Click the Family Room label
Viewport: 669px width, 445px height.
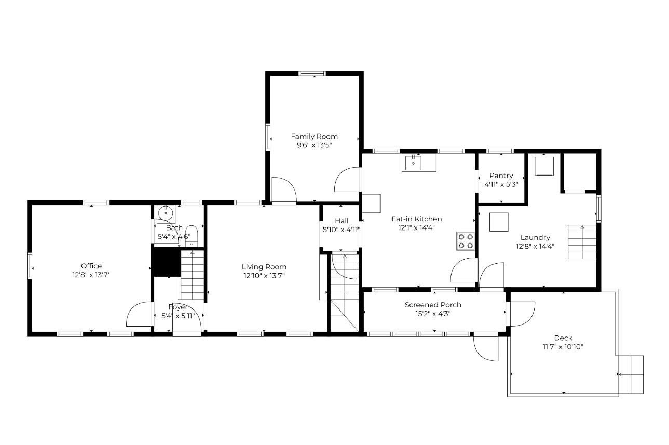[x=314, y=137]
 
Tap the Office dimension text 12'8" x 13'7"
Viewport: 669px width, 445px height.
[x=91, y=275]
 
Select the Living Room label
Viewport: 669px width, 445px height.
[x=264, y=267]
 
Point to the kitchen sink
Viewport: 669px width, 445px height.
[x=413, y=163]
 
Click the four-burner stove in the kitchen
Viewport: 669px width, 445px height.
[x=466, y=241]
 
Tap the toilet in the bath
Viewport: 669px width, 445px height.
[x=192, y=236]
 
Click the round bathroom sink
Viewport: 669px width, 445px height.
[x=166, y=213]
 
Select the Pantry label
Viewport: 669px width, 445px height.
[x=501, y=176]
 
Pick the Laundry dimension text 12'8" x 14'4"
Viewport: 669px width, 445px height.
[x=535, y=247]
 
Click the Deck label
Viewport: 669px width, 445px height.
[x=563, y=338]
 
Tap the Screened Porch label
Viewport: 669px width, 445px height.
[x=433, y=305]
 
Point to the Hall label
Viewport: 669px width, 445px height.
[x=342, y=221]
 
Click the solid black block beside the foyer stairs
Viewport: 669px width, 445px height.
[x=166, y=262]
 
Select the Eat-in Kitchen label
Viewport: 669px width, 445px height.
[x=416, y=219]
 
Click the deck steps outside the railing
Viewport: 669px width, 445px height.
[x=631, y=374]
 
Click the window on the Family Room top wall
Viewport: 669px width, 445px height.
[x=312, y=74]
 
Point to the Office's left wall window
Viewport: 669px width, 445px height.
[x=30, y=266]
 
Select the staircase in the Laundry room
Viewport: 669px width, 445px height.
[x=580, y=242]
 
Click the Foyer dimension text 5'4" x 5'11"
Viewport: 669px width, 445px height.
[x=178, y=316]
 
